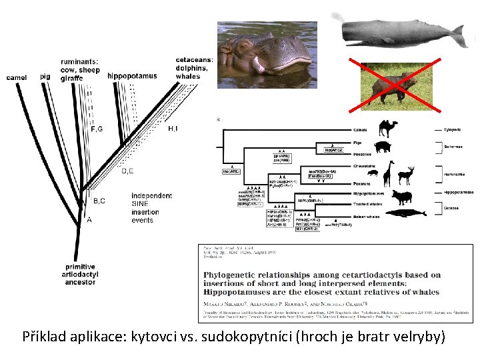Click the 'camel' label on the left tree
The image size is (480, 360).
pyautogui.click(x=17, y=77)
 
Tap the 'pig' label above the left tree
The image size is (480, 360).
pyautogui.click(x=45, y=77)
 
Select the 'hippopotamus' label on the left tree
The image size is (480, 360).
pyautogui.click(x=132, y=76)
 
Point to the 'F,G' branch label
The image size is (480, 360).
pyautogui.click(x=97, y=129)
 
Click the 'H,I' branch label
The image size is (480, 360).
pyautogui.click(x=173, y=128)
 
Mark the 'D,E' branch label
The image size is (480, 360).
pyautogui.click(x=127, y=171)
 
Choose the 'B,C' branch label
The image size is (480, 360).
pyautogui.click(x=99, y=201)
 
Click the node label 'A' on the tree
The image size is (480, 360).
pyautogui.click(x=89, y=221)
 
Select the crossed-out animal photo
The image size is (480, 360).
pyautogui.click(x=397, y=86)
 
